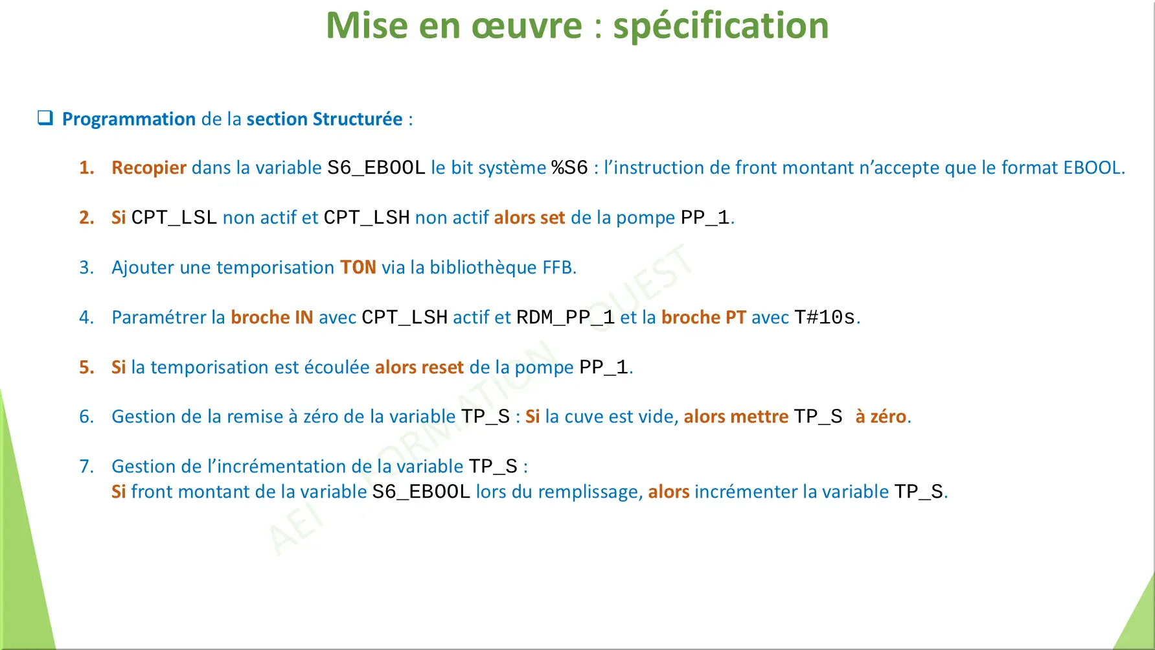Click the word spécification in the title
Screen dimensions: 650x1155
pyautogui.click(x=720, y=26)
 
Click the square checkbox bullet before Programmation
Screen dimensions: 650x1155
pyautogui.click(x=45, y=118)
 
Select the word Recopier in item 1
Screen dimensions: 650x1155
pyautogui.click(x=149, y=168)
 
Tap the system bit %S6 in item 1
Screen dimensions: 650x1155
pyautogui.click(x=569, y=168)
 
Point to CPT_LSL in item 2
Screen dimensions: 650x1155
pyautogui.click(x=174, y=218)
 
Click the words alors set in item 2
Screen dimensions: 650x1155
pyautogui.click(x=529, y=218)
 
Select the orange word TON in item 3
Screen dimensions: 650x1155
pyautogui.click(x=358, y=267)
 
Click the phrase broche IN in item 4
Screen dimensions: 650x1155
pyautogui.click(x=271, y=317)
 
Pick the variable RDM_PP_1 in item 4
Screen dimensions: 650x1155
pyautogui.click(x=565, y=317)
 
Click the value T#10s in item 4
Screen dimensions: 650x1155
pyautogui.click(x=825, y=317)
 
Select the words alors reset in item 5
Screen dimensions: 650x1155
pyautogui.click(x=419, y=367)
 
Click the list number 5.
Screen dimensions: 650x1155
pyautogui.click(x=86, y=367)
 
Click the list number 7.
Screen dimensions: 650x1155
pyautogui.click(x=86, y=467)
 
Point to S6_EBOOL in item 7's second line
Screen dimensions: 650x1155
pyautogui.click(x=421, y=492)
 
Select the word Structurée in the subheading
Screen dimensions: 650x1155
pyautogui.click(x=357, y=119)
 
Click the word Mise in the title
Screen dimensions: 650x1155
pyautogui.click(x=367, y=26)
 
